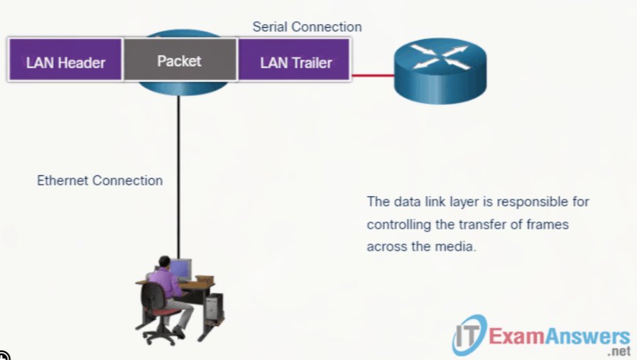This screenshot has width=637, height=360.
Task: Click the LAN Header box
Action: click(65, 60)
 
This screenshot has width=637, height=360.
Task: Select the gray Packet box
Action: click(180, 60)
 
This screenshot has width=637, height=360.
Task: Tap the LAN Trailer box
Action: click(294, 60)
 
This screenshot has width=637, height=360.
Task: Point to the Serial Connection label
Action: click(307, 27)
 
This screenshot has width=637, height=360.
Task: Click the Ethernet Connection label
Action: click(100, 180)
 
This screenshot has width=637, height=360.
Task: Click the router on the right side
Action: click(440, 71)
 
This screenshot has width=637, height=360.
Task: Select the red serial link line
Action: click(373, 75)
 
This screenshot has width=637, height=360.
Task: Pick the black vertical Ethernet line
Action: click(178, 177)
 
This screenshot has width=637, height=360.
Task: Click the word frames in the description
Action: click(548, 224)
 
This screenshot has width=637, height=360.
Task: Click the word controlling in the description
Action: click(398, 224)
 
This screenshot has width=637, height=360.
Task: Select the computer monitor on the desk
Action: click(180, 268)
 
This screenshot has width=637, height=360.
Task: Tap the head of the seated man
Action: click(165, 261)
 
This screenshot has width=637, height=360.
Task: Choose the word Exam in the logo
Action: click(516, 337)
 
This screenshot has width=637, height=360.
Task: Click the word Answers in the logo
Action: click(587, 337)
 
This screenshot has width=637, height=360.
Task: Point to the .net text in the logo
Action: click(619, 351)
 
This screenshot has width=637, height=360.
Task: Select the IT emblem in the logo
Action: click(469, 335)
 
